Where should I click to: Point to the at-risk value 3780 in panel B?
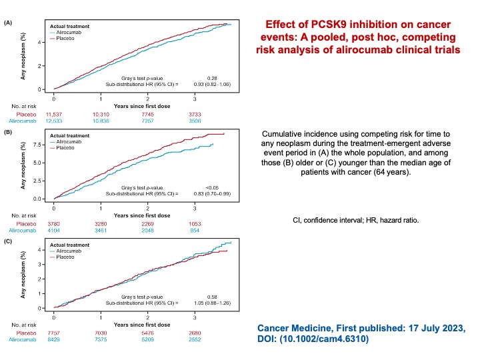point(54,223)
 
